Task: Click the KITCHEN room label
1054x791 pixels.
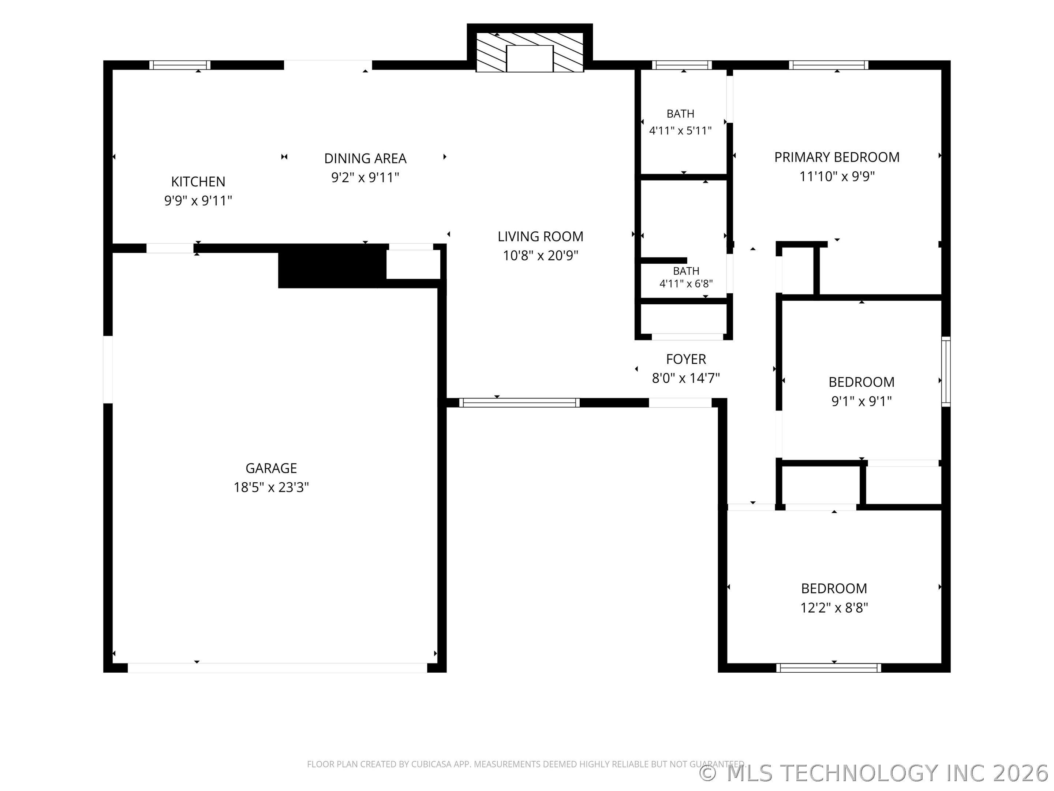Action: [198, 182]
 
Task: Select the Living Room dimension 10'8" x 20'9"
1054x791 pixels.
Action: [540, 256]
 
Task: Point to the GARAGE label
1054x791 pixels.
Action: [271, 468]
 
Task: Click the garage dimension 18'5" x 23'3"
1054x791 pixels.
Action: [271, 487]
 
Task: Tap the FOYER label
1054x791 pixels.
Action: [686, 359]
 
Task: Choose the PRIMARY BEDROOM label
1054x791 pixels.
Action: [837, 157]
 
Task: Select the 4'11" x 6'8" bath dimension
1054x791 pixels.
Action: [686, 284]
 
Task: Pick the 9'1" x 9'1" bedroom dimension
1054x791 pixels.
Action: [861, 401]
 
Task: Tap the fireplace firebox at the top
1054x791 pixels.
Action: [530, 59]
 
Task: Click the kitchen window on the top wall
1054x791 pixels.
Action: [180, 65]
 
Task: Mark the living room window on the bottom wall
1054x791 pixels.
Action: [519, 402]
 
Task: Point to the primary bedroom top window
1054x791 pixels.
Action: [828, 65]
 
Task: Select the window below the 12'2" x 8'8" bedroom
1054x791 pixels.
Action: [828, 668]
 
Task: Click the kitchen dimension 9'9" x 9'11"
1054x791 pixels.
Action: [198, 201]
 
